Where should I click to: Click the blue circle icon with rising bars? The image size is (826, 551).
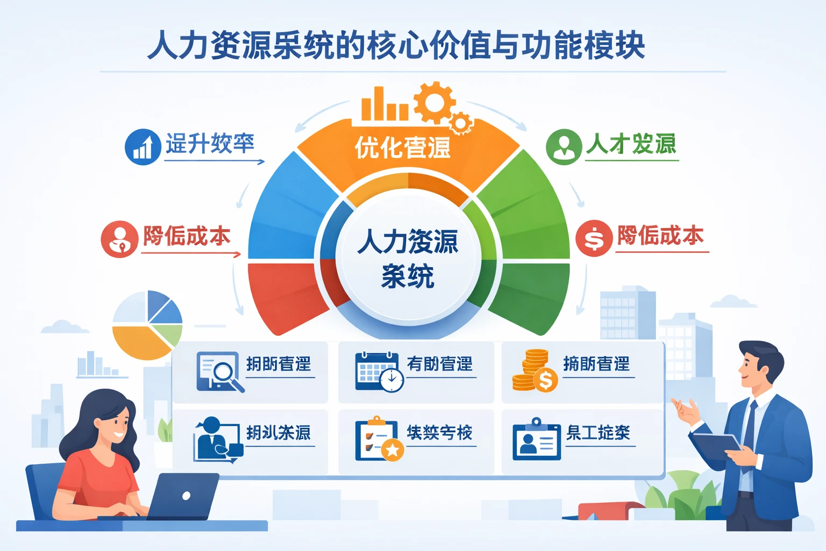143,147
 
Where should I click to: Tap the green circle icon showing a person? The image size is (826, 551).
564,146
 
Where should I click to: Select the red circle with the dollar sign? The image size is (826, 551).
594,238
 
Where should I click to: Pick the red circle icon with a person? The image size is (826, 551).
119,239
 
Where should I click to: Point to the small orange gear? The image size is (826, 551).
461,123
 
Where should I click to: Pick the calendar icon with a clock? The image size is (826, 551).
379,371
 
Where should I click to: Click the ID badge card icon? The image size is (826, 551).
536,440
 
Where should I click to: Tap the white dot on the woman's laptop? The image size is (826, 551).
186,496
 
